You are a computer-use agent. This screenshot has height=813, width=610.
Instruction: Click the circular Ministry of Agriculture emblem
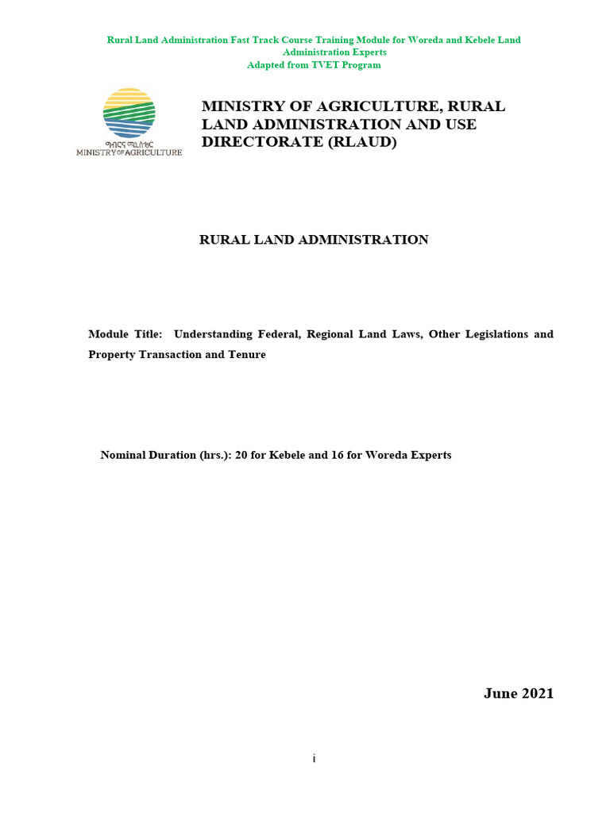129,114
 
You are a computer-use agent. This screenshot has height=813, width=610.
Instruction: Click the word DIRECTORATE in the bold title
253,143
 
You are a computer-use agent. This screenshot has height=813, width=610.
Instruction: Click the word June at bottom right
500,694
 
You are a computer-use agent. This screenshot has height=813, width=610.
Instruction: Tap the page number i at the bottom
315,759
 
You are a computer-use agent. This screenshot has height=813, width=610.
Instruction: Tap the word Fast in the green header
245,40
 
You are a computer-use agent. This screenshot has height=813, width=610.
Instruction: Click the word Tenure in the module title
246,355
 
